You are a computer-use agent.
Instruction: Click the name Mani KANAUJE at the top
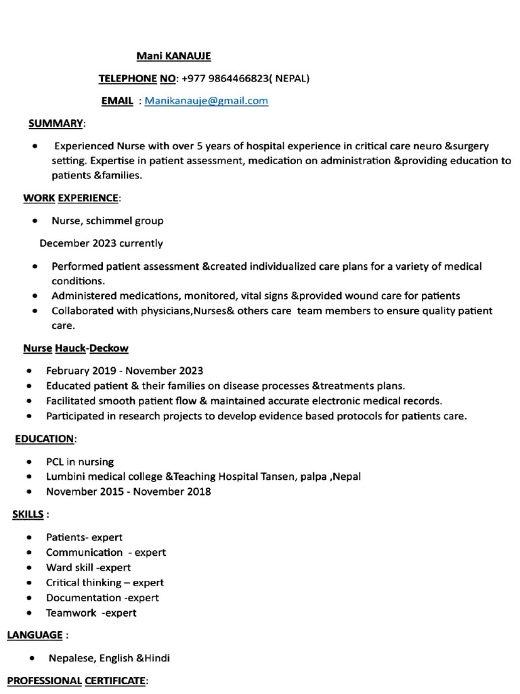[169, 56]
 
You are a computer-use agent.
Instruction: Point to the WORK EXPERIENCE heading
[71, 198]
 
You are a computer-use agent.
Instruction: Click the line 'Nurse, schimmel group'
[107, 220]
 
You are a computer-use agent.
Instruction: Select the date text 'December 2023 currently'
[101, 243]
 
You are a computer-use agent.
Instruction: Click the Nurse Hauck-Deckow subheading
[76, 348]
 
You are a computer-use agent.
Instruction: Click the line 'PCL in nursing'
[80, 462]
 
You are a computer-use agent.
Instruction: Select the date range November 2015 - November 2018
[129, 491]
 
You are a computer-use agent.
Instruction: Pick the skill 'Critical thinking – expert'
[105, 582]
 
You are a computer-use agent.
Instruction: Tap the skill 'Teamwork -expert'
[91, 613]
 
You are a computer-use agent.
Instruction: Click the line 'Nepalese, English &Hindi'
[109, 658]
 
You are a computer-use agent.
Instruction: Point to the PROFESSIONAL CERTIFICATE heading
[76, 680]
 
